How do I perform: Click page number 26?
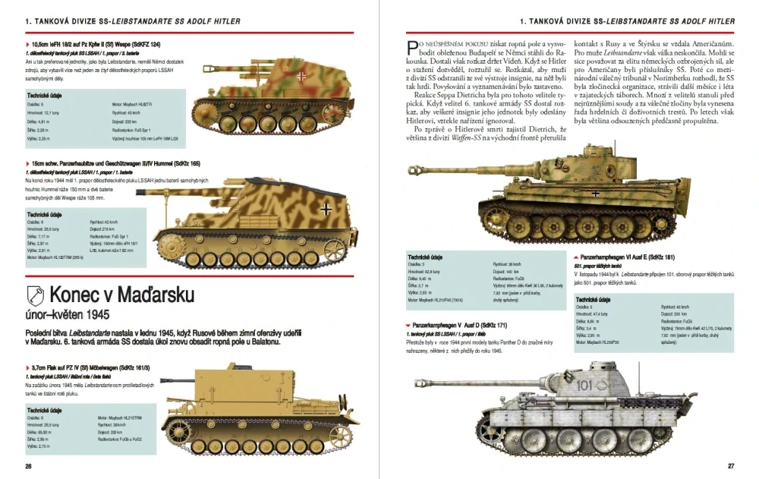coord(28,465)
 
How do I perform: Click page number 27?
coord(730,465)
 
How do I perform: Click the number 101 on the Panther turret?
coord(584,386)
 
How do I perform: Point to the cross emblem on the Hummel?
coord(325,206)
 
